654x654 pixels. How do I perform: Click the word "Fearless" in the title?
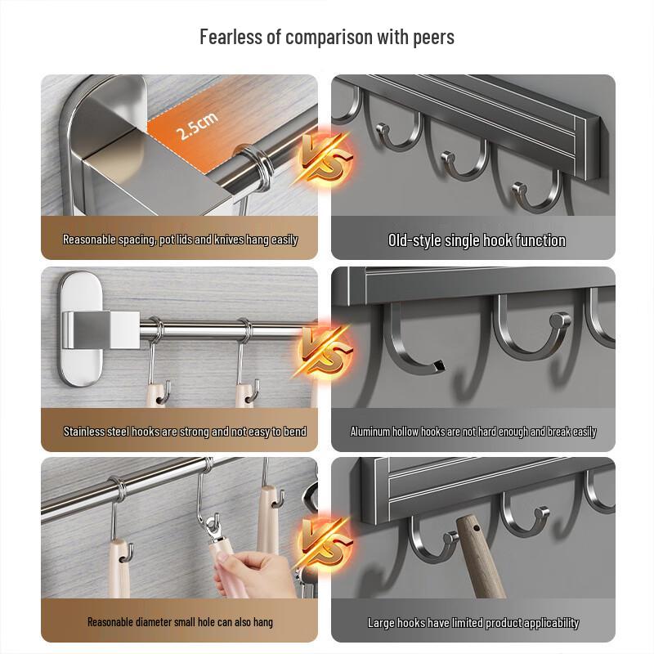[231, 37]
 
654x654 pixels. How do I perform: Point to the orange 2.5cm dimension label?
[197, 126]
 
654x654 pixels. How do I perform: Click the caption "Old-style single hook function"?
[477, 240]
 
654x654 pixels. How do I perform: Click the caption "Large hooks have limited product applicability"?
[473, 623]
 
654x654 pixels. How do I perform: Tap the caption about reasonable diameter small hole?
[180, 622]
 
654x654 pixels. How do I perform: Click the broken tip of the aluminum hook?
[438, 366]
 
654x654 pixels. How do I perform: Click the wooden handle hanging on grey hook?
[481, 556]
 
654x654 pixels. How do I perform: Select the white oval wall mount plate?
[80, 329]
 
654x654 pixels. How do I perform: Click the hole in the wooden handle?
[477, 528]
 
